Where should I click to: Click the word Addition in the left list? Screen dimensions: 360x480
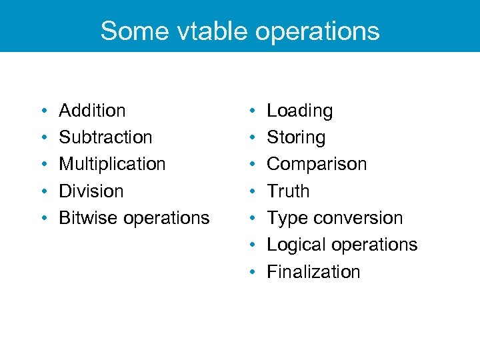92,111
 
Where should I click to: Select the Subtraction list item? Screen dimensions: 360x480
105,137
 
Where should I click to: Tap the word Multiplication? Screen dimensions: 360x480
112,164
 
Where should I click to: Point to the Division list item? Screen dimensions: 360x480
91,191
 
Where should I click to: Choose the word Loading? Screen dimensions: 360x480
299,111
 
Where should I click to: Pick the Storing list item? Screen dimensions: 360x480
296,137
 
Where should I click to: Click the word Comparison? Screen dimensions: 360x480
317,164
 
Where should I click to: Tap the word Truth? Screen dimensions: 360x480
288,191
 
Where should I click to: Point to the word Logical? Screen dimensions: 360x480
295,245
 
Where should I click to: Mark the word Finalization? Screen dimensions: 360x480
313,272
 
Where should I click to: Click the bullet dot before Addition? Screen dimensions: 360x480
43,111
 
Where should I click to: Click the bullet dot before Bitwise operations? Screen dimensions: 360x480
43,218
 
